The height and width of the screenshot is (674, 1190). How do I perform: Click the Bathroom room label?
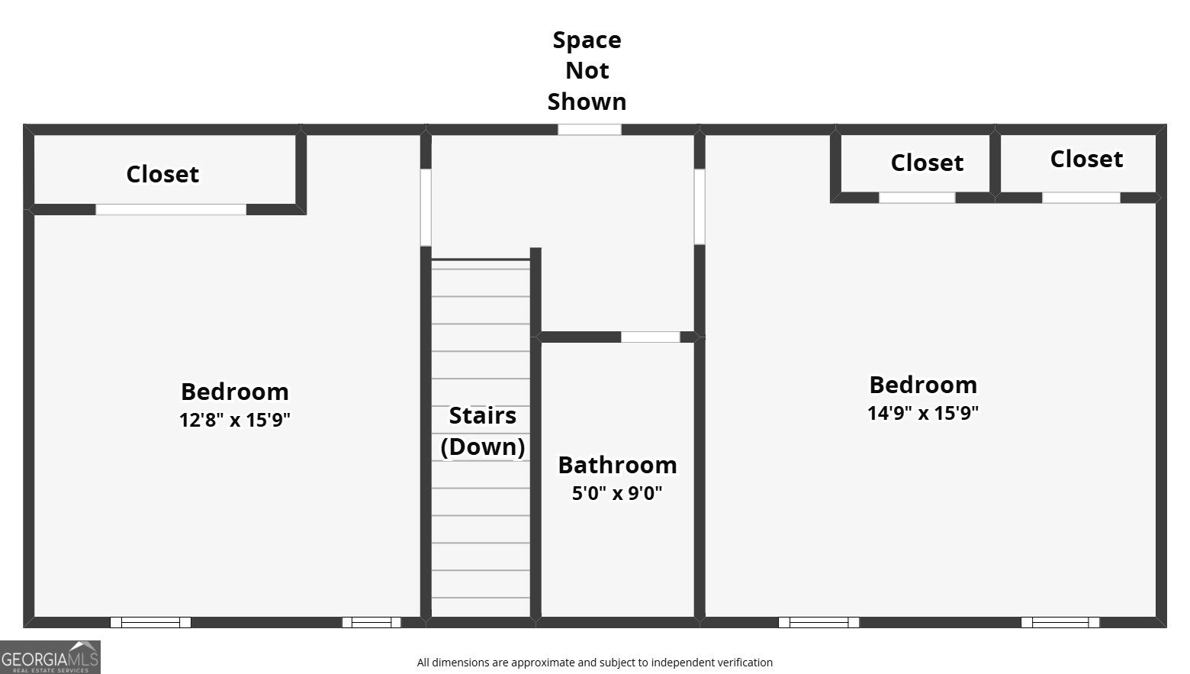(x=617, y=465)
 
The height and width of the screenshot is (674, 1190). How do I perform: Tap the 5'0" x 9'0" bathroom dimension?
(x=617, y=493)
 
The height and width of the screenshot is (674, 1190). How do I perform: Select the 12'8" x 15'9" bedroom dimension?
(x=235, y=420)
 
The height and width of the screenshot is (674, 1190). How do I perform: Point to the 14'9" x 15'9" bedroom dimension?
(x=923, y=413)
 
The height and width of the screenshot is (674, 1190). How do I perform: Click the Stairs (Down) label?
(x=483, y=431)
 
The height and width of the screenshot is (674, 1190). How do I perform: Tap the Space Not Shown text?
(x=587, y=70)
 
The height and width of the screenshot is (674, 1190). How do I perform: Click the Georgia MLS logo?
(x=50, y=657)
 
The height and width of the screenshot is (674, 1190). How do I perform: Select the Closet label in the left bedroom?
(x=162, y=174)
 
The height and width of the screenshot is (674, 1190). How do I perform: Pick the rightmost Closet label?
(x=1086, y=159)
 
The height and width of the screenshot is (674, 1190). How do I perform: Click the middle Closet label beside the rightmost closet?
(x=927, y=163)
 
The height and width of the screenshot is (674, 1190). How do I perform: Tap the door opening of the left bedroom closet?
(x=171, y=209)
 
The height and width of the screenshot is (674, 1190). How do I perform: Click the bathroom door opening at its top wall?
(x=650, y=337)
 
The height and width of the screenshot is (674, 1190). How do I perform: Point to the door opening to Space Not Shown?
(x=589, y=129)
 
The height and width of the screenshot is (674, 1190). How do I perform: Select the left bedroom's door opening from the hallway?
(x=426, y=208)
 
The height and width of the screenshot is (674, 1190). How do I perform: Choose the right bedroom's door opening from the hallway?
(x=699, y=207)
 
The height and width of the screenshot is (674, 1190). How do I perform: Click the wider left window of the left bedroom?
(x=150, y=622)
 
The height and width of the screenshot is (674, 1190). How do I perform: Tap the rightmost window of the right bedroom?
(x=1060, y=622)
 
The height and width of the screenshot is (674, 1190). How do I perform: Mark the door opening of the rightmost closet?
(x=1081, y=198)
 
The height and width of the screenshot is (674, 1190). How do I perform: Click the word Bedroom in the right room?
(x=923, y=385)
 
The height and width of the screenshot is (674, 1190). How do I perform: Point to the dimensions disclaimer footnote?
(x=595, y=663)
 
